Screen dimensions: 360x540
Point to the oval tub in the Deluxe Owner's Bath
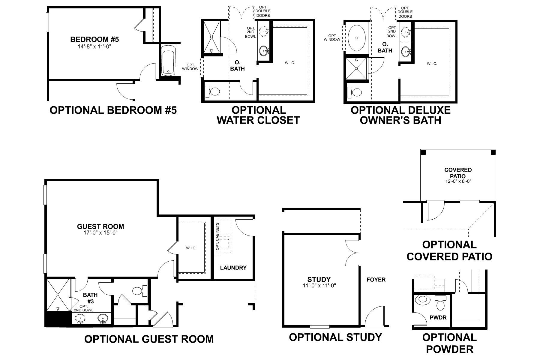pos(357,38)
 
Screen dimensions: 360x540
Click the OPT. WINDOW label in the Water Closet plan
pos(190,67)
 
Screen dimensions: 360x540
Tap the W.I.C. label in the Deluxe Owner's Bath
pos(432,64)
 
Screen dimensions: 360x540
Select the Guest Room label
pos(100,226)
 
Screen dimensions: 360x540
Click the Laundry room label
pos(233,268)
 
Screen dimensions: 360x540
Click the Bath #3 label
pos(90,298)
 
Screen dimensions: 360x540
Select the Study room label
pos(319,280)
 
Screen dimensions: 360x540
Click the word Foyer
pos(376,280)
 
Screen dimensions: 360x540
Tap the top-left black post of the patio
pos(423,152)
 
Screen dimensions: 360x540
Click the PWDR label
pos(436,317)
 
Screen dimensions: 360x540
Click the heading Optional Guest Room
pos(149,339)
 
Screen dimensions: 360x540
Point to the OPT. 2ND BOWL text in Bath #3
pos(84,308)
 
